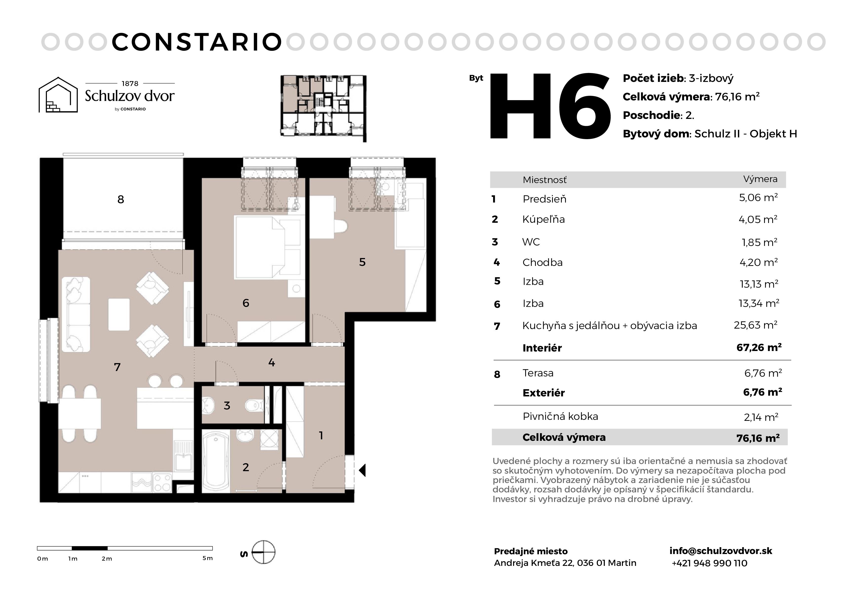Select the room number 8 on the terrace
pyautogui.click(x=121, y=200)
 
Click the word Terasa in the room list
pyautogui.click(x=538, y=373)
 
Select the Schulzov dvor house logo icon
pyautogui.click(x=58, y=95)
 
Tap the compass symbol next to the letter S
pyautogui.click(x=263, y=552)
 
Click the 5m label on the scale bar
pyautogui.click(x=208, y=558)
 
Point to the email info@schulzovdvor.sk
pyautogui.click(x=721, y=551)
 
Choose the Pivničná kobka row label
pyautogui.click(x=560, y=416)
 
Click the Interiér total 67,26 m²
pyautogui.click(x=759, y=347)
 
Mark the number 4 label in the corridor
pyautogui.click(x=271, y=363)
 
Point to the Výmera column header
pyautogui.click(x=760, y=179)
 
